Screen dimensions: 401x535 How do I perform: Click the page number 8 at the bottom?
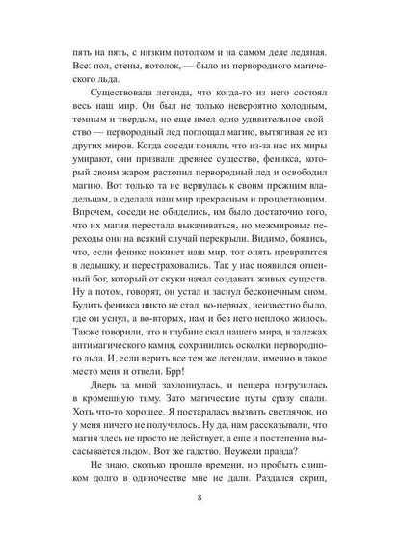[x=200, y=501]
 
